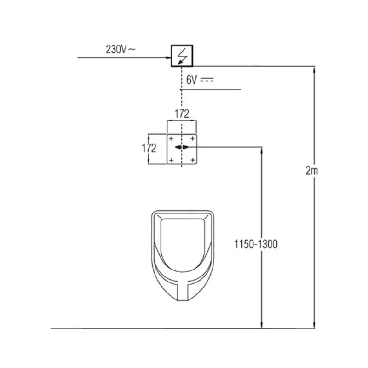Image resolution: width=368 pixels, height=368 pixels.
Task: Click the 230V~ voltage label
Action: pos(121,49)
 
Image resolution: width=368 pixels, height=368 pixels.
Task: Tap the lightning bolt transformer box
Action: pos(182,56)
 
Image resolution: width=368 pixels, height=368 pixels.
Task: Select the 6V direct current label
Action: pos(200,80)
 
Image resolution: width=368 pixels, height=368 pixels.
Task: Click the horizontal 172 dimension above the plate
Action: pos(182,114)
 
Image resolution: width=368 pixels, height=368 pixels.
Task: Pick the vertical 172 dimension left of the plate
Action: pos(149,148)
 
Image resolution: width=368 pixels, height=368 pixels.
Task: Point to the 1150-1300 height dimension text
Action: pos(256,244)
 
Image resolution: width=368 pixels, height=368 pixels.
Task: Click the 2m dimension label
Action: pos(312,171)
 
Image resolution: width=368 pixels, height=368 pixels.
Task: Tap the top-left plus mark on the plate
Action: pos(171,139)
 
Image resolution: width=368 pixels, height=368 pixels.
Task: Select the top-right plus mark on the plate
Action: pos(193,139)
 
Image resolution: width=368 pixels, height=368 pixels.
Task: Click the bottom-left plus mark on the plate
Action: pos(171,160)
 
